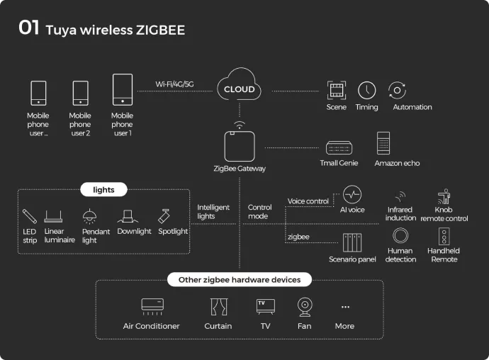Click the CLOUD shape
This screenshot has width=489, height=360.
coord(239,89)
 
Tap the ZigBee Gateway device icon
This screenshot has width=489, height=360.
coord(239,146)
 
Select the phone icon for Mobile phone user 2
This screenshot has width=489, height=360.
coord(80,94)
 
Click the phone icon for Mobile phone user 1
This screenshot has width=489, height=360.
coord(122,91)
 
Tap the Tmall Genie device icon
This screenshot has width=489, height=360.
coord(339,147)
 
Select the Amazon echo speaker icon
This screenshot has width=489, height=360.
coord(384,143)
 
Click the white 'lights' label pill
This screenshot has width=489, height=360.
coord(103,189)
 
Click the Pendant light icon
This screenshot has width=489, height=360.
coord(90,216)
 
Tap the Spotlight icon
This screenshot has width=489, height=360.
coord(165,215)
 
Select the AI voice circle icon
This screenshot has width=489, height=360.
coord(352,195)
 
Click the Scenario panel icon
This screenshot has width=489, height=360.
coord(352,243)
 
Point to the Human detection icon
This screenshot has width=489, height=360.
coord(400,236)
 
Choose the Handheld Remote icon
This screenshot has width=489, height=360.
coord(444,236)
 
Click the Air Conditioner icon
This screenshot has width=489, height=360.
coord(152,306)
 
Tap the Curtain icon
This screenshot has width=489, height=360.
coord(218,307)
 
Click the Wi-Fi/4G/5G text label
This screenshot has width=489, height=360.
coord(174,84)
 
